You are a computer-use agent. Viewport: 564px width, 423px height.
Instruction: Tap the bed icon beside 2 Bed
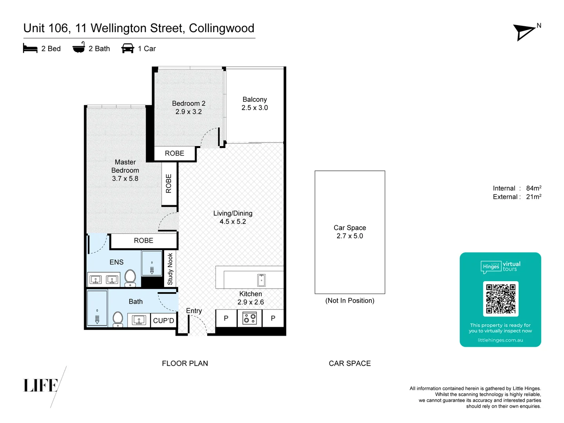30,49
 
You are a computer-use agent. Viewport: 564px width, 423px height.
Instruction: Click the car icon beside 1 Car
128,49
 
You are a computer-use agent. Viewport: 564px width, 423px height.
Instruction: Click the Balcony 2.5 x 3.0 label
255,104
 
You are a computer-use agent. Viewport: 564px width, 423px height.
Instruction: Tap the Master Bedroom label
125,170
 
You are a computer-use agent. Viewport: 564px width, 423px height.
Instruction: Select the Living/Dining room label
233,217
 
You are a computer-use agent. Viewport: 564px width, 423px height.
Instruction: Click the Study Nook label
170,269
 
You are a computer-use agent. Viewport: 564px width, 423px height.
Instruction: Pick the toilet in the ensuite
130,277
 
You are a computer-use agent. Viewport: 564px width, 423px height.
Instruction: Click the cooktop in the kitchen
249,318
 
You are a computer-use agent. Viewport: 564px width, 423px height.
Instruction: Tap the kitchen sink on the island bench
261,280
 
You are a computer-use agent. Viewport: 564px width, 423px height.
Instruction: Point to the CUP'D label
163,320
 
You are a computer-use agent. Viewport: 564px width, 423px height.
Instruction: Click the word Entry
194,311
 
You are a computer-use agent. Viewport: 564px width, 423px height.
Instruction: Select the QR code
501,299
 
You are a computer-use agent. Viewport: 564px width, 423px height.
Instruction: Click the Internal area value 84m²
533,188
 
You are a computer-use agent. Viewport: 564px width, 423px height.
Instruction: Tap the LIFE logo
41,385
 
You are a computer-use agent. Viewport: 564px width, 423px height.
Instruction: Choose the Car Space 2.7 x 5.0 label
350,232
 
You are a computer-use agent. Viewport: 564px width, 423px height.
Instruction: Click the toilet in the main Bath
118,318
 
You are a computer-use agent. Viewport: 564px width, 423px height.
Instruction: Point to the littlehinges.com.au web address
500,340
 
